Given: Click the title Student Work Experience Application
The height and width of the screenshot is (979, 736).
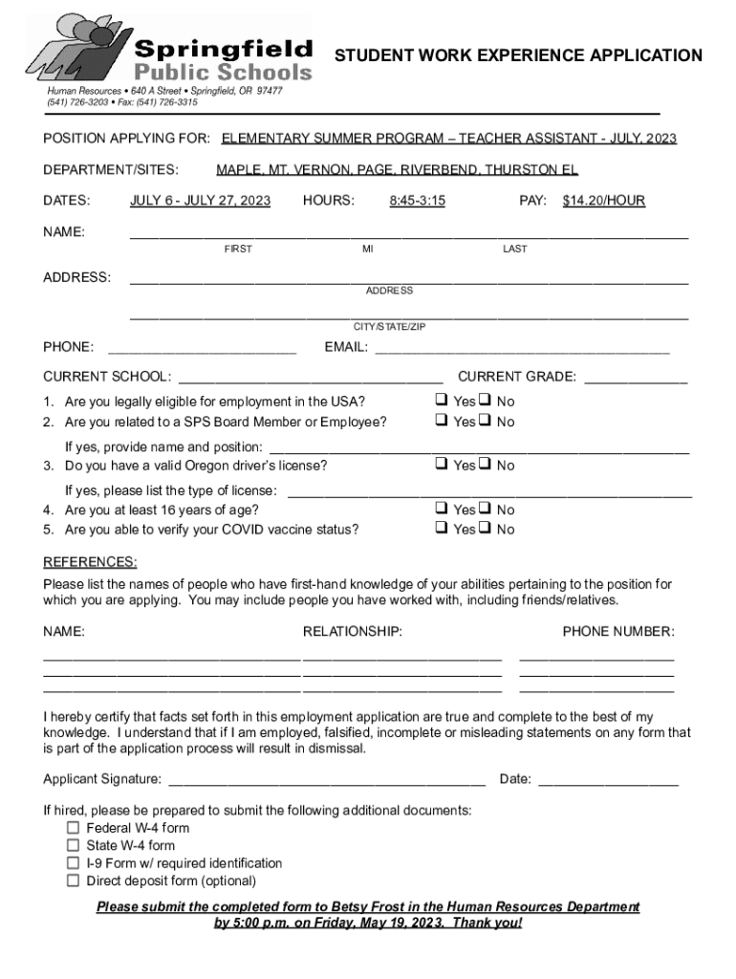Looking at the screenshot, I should [x=517, y=55].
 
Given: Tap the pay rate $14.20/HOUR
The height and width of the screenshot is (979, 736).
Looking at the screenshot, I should [x=603, y=201].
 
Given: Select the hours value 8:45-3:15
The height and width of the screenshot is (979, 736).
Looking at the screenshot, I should [x=417, y=201].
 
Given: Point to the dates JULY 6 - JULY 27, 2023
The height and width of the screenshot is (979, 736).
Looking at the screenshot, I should [x=200, y=201].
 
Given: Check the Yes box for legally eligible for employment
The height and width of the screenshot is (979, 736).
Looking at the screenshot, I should [x=442, y=401].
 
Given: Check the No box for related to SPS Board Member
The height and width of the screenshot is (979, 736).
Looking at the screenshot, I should [x=486, y=421].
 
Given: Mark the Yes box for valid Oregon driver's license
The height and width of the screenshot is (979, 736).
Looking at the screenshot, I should [x=442, y=465].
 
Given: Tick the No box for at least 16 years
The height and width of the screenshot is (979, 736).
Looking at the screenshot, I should [x=486, y=510].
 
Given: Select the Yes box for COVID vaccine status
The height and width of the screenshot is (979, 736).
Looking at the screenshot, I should [x=442, y=529].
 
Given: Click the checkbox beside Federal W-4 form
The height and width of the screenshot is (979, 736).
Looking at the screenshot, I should [x=73, y=828].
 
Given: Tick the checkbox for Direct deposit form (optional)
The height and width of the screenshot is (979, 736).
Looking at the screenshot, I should [x=73, y=881].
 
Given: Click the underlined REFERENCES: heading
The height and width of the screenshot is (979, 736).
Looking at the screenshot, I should [x=90, y=561].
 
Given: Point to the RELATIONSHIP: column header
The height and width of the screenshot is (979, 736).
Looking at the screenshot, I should [x=352, y=632].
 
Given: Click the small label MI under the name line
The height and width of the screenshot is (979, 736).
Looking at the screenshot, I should [x=367, y=250].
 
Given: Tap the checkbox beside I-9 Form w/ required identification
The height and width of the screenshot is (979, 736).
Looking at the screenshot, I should [x=73, y=863].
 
